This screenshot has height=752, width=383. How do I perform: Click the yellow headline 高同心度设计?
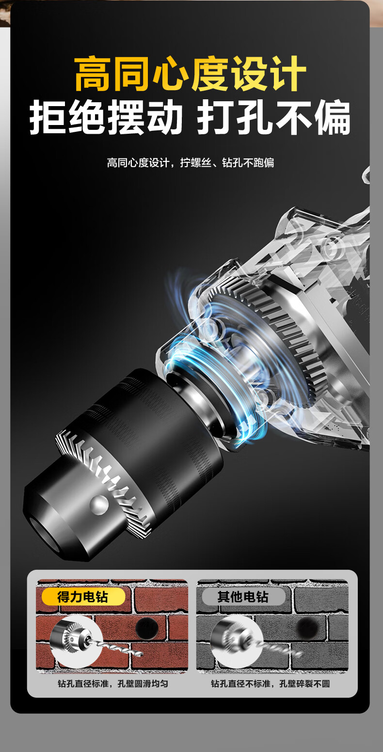pyautogui.click(x=190, y=74)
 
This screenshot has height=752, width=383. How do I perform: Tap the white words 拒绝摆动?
pyautogui.click(x=106, y=117)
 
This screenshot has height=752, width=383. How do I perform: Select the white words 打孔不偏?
pyautogui.click(x=273, y=117)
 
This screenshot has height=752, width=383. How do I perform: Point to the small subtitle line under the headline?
pyautogui.click(x=191, y=163)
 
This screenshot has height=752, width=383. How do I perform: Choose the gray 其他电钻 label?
pyautogui.click(x=243, y=597)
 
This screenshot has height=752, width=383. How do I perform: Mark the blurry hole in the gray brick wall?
pyautogui.click(x=307, y=627)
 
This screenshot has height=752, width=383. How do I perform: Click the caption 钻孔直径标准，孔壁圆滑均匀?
pyautogui.click(x=113, y=684)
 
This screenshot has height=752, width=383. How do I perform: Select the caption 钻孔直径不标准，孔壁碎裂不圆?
pyautogui.click(x=271, y=684)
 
